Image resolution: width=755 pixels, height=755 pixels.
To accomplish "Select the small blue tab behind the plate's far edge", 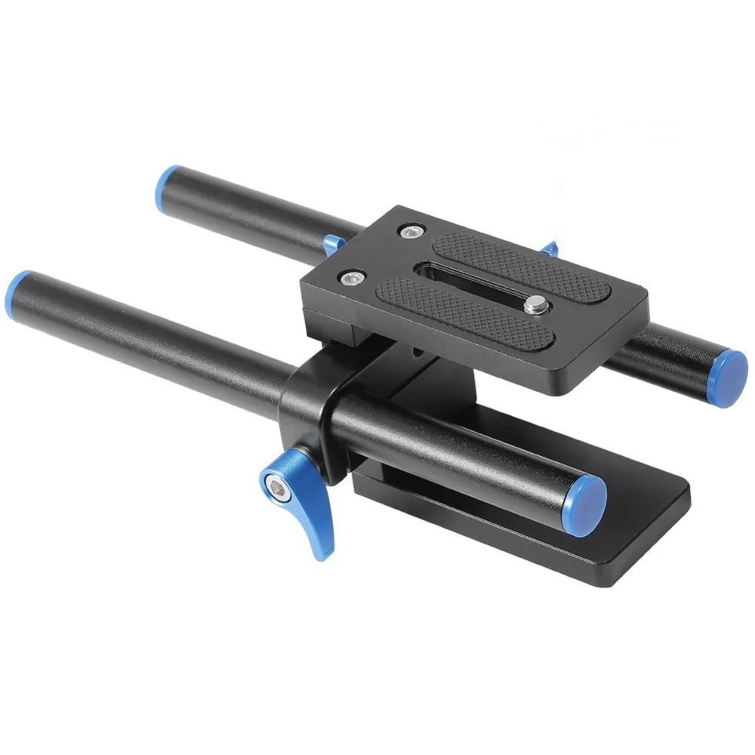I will [550, 248].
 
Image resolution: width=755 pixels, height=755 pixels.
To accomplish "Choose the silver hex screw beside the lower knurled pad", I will [349, 279].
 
